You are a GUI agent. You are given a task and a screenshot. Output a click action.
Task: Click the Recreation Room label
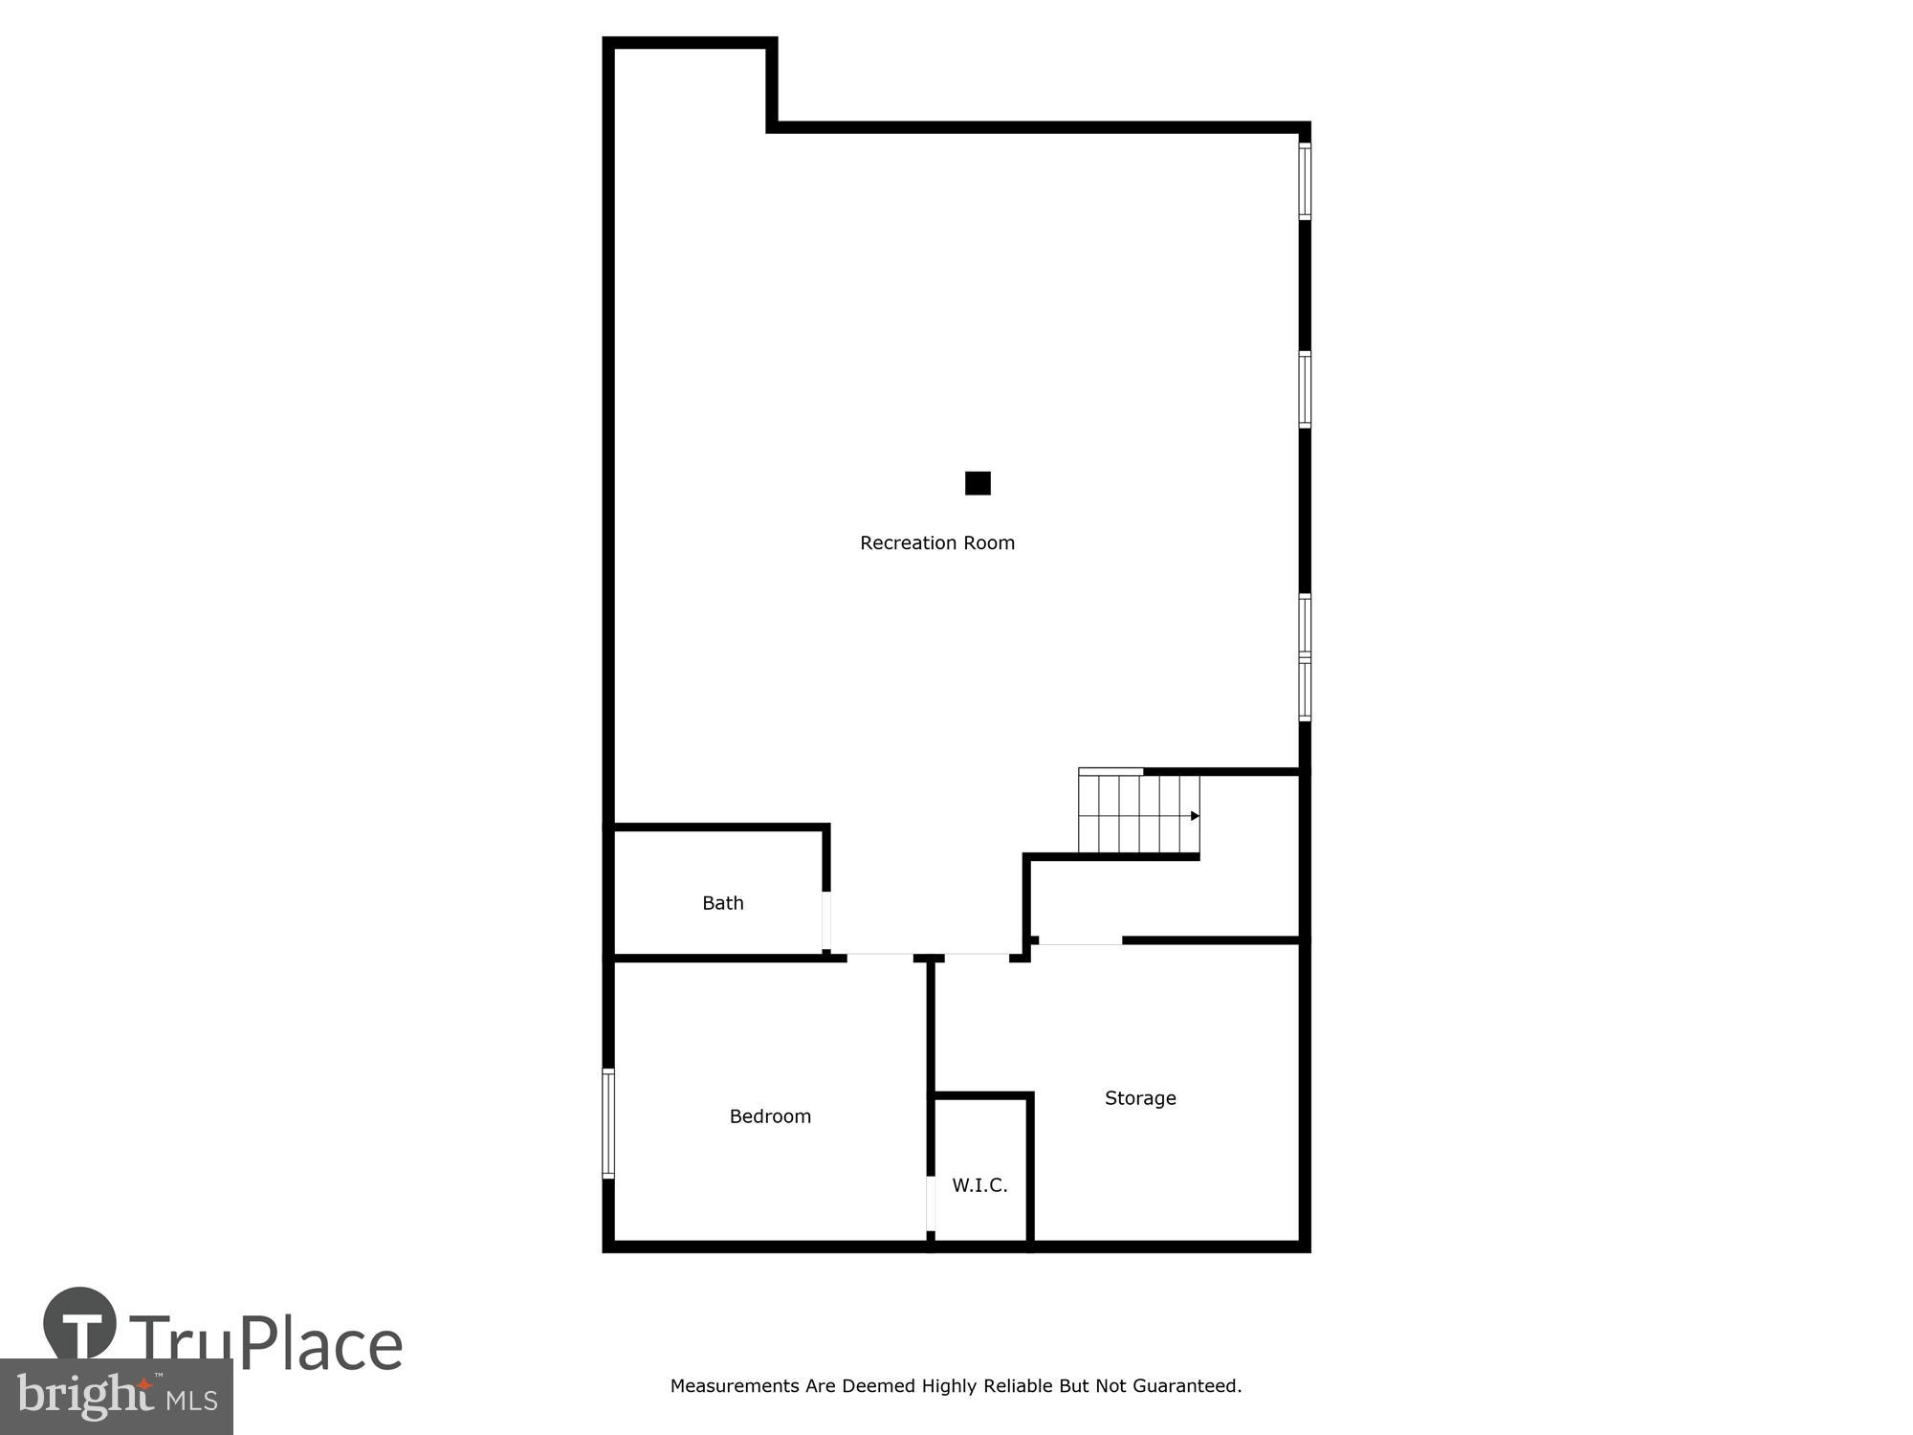click(x=936, y=543)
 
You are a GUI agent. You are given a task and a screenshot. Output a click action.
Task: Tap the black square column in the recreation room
click(x=978, y=483)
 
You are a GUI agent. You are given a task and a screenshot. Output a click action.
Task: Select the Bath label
click(x=722, y=903)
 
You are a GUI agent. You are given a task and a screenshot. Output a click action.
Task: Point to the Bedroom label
click(x=770, y=1116)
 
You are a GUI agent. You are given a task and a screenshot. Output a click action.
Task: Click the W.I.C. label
click(x=979, y=1185)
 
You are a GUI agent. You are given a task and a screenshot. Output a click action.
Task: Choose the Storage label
click(x=1140, y=1098)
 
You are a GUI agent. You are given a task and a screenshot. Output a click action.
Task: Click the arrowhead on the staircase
click(x=1195, y=816)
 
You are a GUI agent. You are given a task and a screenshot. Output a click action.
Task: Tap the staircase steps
click(x=1133, y=814)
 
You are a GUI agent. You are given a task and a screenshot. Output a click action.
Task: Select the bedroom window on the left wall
click(x=608, y=1123)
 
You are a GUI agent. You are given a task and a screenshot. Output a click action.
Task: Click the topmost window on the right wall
click(x=1304, y=181)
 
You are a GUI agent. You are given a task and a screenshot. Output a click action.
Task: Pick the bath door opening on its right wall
click(x=826, y=920)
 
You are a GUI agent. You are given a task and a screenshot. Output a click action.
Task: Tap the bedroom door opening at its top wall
click(x=880, y=956)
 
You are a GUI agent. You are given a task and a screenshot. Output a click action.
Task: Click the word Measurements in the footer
click(x=736, y=1386)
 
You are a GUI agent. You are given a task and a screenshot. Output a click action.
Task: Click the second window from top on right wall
click(x=1304, y=389)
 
